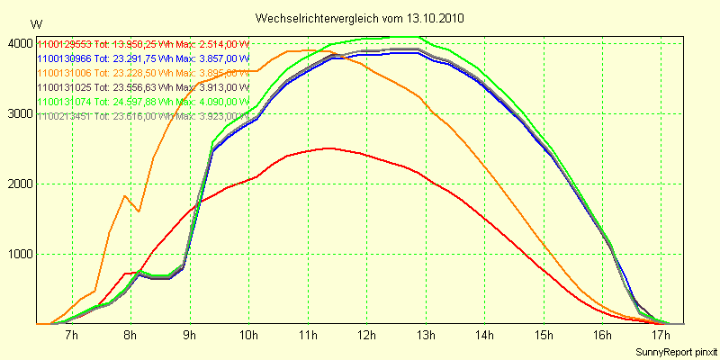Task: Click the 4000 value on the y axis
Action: (19, 43)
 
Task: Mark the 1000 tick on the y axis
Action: (19, 254)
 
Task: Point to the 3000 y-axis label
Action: (19, 113)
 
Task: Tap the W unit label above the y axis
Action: (36, 23)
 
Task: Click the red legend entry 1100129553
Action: (64, 44)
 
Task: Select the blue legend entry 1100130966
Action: (64, 58)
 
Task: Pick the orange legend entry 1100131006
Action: (64, 73)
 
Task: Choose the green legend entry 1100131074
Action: (64, 102)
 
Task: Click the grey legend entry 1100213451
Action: (64, 116)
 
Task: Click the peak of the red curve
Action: (329, 148)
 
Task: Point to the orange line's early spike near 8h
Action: (124, 196)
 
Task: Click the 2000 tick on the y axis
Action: (19, 184)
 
